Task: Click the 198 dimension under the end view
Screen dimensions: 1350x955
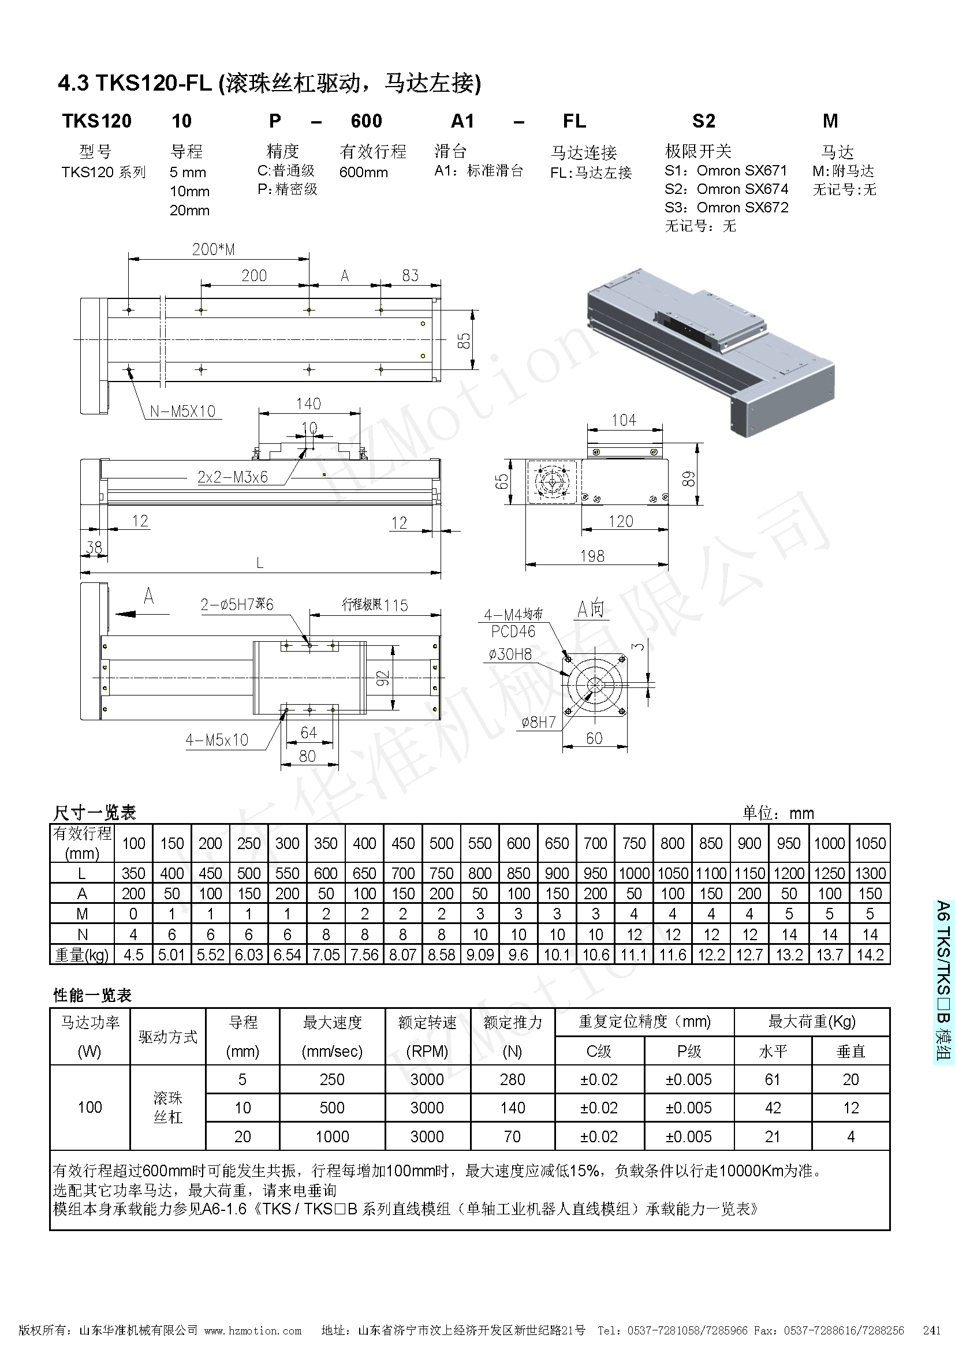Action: point(592,556)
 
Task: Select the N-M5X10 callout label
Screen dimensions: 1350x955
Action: point(183,411)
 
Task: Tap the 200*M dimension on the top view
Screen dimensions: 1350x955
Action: point(214,249)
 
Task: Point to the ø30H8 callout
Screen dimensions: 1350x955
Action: point(510,654)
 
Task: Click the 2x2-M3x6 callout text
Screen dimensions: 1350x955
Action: point(232,477)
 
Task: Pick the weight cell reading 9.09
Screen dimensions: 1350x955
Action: point(480,954)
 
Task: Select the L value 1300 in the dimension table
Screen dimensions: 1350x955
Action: point(870,873)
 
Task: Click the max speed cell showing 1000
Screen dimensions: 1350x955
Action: point(331,1136)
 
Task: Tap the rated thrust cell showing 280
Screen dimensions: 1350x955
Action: point(512,1079)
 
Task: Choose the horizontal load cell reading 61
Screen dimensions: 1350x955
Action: point(772,1079)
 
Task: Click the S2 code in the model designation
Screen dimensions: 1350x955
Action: point(703,121)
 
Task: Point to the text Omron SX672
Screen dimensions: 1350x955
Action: point(742,208)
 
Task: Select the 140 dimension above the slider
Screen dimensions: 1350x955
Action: point(308,403)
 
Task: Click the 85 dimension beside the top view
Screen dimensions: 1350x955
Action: point(464,341)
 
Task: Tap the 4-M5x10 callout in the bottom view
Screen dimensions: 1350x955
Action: point(217,740)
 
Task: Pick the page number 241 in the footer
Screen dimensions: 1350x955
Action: point(931,1330)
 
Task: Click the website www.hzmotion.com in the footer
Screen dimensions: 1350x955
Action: point(253,1330)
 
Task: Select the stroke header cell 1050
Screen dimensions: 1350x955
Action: point(870,843)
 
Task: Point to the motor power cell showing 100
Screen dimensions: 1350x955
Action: point(89,1107)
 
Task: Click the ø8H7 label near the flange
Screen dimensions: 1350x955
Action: point(539,722)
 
